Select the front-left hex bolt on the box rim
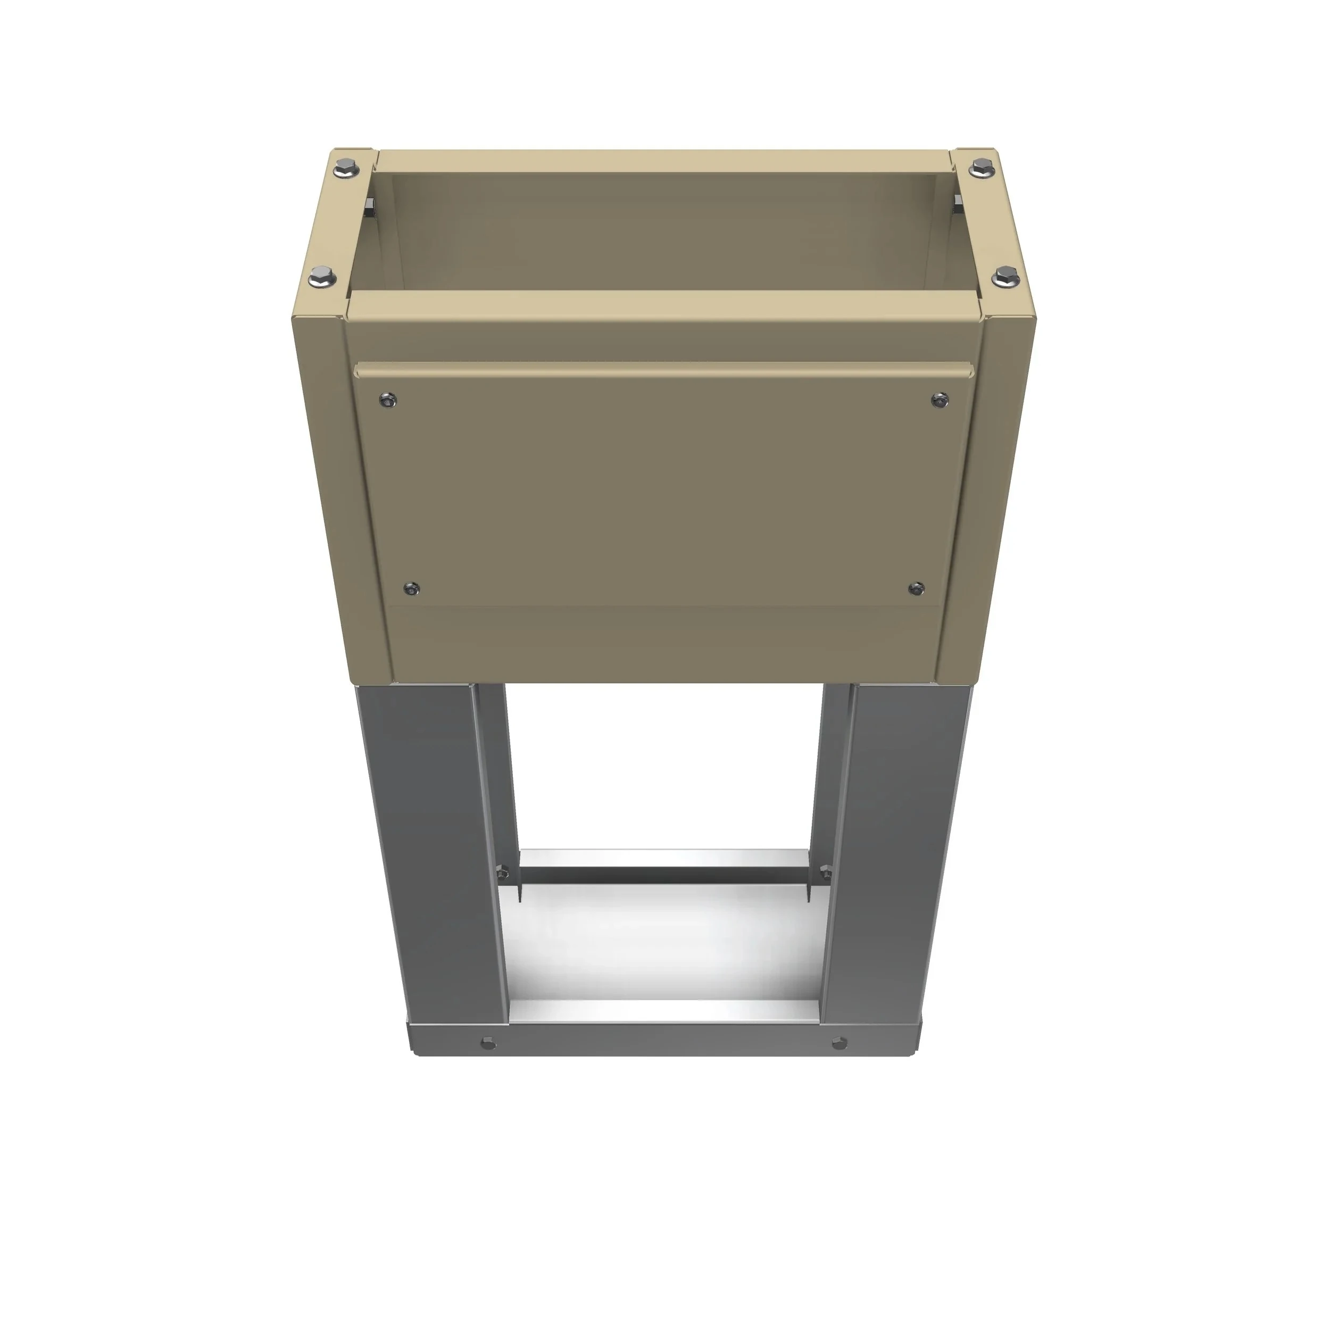pos(321,278)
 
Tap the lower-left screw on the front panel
pos(412,588)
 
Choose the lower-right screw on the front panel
pos(916,588)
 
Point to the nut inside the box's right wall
pos(958,202)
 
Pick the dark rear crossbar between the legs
pos(664,876)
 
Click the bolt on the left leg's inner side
pos(501,871)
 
